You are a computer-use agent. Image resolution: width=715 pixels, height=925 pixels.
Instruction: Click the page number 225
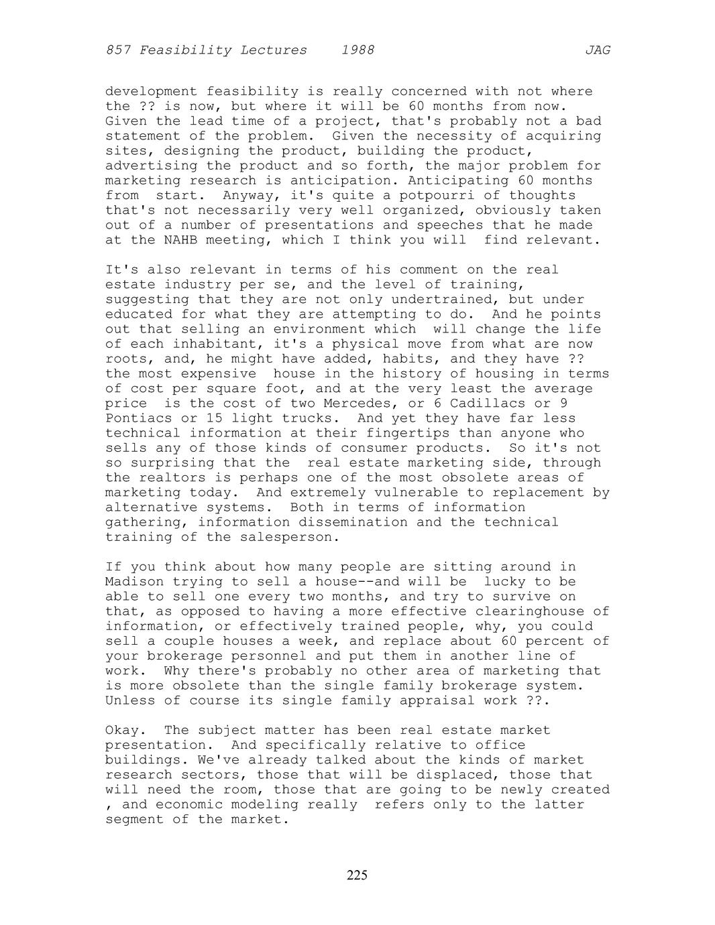tap(357, 875)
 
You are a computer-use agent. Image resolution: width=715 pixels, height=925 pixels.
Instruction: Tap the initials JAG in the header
tap(597, 50)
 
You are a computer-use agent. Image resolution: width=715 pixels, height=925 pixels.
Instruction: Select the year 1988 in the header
tap(357, 50)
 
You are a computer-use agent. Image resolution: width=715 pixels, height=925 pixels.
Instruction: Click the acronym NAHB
tap(180, 240)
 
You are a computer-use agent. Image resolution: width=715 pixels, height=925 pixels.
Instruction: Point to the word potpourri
tap(437, 195)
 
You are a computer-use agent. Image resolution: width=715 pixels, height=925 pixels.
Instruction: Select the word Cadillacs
tap(488, 404)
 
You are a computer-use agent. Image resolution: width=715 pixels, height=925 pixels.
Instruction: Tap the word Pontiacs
tap(139, 418)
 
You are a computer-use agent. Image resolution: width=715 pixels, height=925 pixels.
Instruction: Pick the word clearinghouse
tap(530, 611)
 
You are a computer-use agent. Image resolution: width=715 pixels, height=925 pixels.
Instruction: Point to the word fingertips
tap(408, 433)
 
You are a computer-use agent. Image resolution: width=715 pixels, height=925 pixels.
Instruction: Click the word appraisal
tap(437, 700)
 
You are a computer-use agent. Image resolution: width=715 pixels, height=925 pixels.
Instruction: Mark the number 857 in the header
tap(118, 50)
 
